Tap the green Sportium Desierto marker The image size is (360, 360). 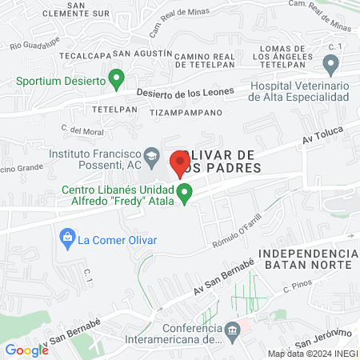(116, 78)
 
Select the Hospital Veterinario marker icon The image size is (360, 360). (330, 64)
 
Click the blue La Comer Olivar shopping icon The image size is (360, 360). (67, 238)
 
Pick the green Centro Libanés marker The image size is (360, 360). (185, 193)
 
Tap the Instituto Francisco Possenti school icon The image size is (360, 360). (151, 153)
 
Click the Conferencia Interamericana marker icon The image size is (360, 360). (232, 329)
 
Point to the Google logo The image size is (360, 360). (27, 350)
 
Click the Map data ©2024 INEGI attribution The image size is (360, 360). (312, 353)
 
